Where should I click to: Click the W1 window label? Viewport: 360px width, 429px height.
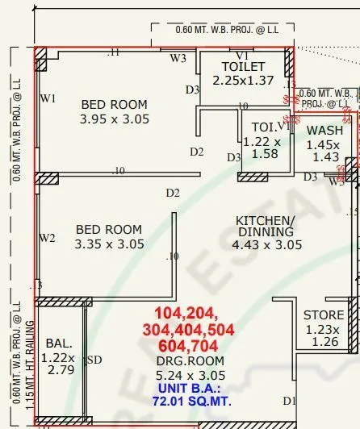pos(48,98)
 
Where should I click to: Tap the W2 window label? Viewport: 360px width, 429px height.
pos(48,238)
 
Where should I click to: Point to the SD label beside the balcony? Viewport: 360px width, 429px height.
pos(94,360)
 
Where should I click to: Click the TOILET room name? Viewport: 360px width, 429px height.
pos(245,66)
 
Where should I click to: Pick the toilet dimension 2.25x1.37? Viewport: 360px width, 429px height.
pos(245,81)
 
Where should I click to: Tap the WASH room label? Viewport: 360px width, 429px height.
pos(324,130)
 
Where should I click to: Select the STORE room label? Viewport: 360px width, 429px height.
pos(324,315)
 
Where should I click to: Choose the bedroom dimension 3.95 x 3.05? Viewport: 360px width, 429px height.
pos(114,119)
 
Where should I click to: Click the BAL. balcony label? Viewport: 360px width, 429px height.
pos(59,343)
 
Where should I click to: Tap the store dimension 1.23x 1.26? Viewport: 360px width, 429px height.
pos(324,335)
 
